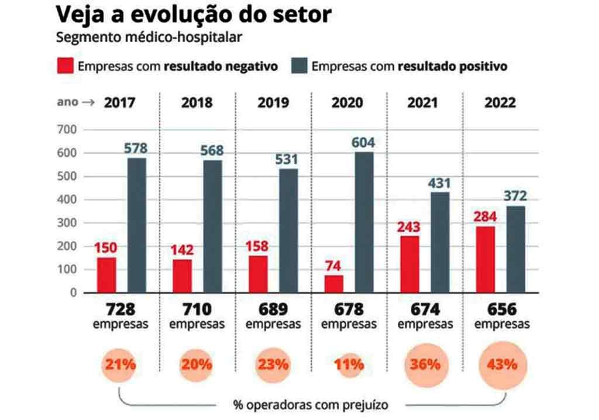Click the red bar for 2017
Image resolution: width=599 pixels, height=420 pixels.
(107, 274)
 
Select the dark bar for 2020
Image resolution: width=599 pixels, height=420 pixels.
(363, 222)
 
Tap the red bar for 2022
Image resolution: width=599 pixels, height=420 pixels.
(485, 259)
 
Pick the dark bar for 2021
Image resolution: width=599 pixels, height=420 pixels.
(440, 242)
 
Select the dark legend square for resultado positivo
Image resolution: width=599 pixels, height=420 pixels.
(298, 66)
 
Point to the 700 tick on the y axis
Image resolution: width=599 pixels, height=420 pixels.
(67, 130)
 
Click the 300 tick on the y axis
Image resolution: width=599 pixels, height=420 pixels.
(67, 223)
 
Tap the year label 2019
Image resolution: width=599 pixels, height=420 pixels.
(273, 103)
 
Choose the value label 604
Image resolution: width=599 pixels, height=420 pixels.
(363, 143)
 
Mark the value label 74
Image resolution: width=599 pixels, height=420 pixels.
(334, 266)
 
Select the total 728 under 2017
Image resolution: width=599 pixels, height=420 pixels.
(121, 309)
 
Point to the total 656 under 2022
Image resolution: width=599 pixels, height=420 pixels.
(502, 309)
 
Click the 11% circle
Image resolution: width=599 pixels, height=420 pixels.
(349, 364)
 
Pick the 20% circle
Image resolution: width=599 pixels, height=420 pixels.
(197, 364)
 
